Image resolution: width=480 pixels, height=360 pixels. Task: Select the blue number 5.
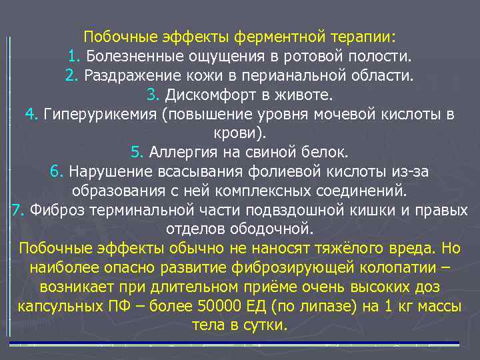point(137,152)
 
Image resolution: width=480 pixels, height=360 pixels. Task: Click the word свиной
point(264,152)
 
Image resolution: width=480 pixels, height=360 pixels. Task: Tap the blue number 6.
point(56,172)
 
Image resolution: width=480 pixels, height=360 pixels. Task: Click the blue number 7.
point(18,211)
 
